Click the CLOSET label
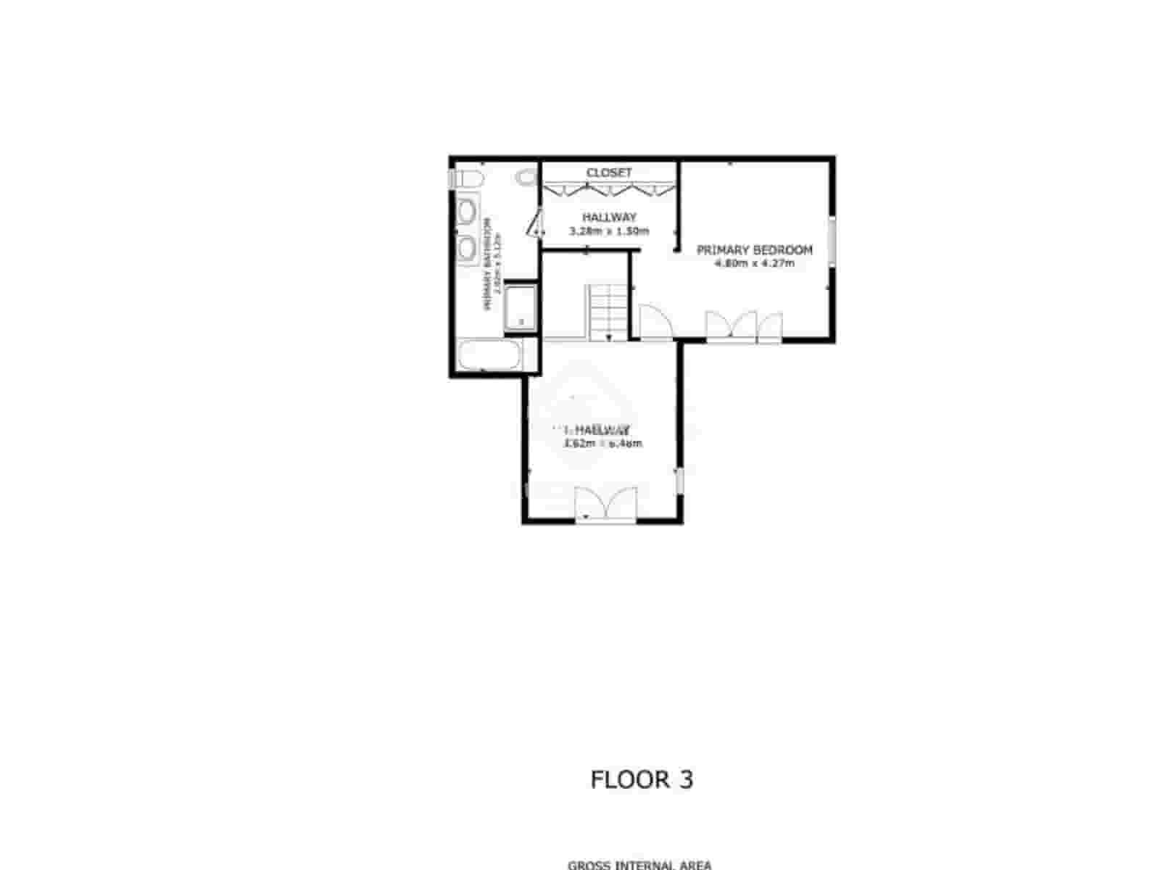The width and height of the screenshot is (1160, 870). (x=609, y=173)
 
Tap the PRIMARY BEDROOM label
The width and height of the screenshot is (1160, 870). (x=754, y=250)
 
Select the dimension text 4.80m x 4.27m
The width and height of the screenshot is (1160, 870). (x=754, y=264)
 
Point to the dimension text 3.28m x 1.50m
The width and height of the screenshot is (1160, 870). (x=609, y=232)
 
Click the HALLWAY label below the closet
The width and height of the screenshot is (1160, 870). (x=609, y=217)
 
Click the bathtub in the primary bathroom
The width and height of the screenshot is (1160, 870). (x=489, y=356)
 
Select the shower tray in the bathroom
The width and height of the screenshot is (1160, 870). (x=520, y=307)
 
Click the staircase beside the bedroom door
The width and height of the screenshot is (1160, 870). (x=607, y=312)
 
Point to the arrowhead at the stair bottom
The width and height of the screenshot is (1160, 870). (x=609, y=337)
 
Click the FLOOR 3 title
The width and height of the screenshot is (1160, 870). (x=642, y=780)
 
